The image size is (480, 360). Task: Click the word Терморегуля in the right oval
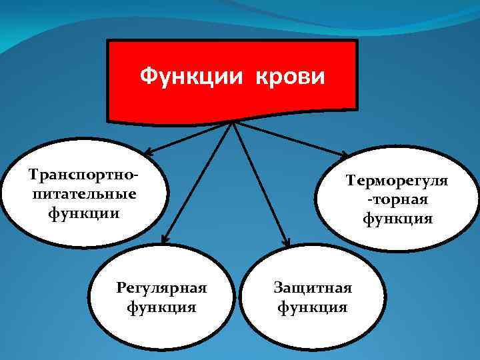(397, 181)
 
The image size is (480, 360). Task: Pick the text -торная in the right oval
(397, 199)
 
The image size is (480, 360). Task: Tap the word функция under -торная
(397, 218)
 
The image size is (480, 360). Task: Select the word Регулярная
(162, 289)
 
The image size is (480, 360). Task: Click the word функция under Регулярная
(162, 307)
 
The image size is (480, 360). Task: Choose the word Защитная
(313, 289)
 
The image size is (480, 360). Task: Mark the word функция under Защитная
(313, 307)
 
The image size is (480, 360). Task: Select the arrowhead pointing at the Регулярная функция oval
(164, 237)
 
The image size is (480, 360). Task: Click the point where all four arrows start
(233, 123)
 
